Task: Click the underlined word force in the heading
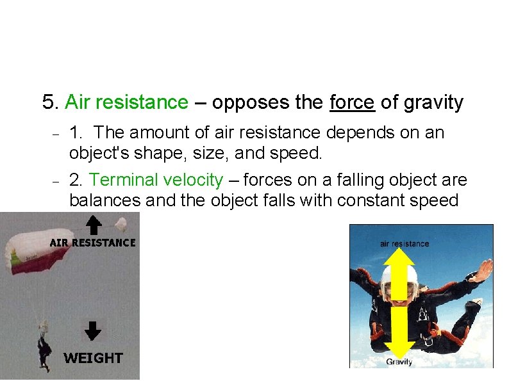click(x=352, y=102)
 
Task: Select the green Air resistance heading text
click(x=127, y=102)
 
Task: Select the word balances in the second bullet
click(x=104, y=200)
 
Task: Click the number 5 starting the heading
click(x=48, y=102)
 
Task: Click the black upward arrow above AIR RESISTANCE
click(x=94, y=225)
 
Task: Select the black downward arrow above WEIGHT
click(x=94, y=330)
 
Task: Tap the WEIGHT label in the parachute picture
click(x=93, y=358)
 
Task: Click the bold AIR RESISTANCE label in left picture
click(x=93, y=243)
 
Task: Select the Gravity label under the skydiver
click(x=399, y=362)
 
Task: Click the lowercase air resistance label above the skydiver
click(x=405, y=243)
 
